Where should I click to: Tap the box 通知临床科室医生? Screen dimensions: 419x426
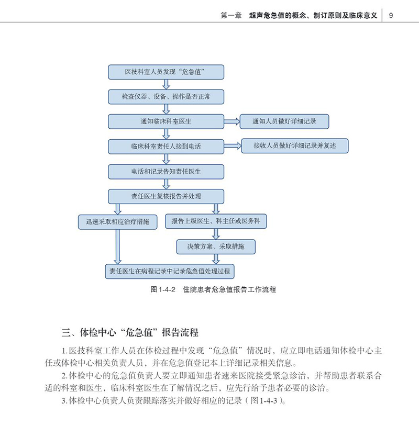click(166, 122)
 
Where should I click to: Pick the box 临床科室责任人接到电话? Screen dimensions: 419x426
click(166, 147)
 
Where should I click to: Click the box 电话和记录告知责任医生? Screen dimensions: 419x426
click(166, 172)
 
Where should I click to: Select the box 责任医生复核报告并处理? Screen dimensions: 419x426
click(166, 197)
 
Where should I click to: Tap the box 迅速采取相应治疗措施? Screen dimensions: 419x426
click(114, 222)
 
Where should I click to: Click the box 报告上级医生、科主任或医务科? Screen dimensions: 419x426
click(216, 222)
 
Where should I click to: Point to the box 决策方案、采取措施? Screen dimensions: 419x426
click(216, 246)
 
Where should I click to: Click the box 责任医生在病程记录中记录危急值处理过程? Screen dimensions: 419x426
click(169, 272)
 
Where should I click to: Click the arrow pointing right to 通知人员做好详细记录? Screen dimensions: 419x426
click(231, 122)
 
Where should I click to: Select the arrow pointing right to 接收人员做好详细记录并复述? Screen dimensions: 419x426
click(233, 147)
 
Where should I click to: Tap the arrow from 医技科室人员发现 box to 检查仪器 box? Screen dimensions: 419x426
click(166, 84)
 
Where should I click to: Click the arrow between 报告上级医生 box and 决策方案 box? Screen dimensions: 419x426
click(216, 234)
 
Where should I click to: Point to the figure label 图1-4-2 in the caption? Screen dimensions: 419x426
click(162, 289)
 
